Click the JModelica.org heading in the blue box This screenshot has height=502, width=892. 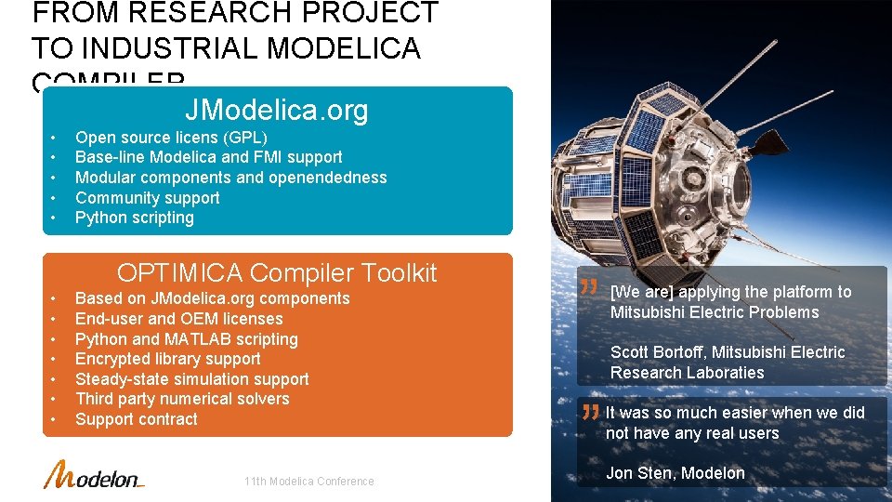tap(276, 111)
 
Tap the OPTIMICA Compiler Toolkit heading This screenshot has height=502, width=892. tap(276, 272)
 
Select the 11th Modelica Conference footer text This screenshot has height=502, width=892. tap(308, 482)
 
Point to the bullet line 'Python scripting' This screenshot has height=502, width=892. tap(135, 218)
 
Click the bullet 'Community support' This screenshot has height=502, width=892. tap(147, 198)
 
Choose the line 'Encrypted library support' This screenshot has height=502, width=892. tap(167, 359)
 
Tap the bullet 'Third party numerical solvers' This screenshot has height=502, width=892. tap(182, 399)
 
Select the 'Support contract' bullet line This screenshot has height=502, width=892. tap(136, 419)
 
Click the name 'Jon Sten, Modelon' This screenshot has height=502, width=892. tap(675, 473)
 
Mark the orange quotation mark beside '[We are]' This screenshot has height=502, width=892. tap(588, 289)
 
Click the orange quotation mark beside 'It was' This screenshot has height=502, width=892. tap(588, 411)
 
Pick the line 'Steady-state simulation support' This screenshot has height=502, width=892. tap(191, 379)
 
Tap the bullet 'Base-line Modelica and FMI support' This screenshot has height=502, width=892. tap(208, 158)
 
